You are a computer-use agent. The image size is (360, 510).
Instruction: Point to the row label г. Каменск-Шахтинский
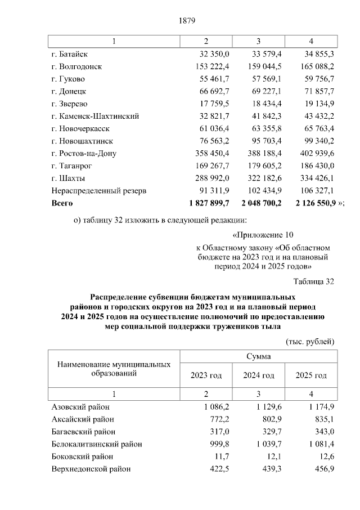point(94,116)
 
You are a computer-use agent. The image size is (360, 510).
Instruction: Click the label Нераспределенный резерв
point(98,190)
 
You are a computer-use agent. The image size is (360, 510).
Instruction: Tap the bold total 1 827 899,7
point(206,203)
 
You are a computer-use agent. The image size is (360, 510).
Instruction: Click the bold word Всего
point(62,203)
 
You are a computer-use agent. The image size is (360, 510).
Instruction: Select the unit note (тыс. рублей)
point(310,341)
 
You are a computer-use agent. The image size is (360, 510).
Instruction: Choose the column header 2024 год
point(258,375)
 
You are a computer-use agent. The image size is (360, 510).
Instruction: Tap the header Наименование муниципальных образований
point(114,369)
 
